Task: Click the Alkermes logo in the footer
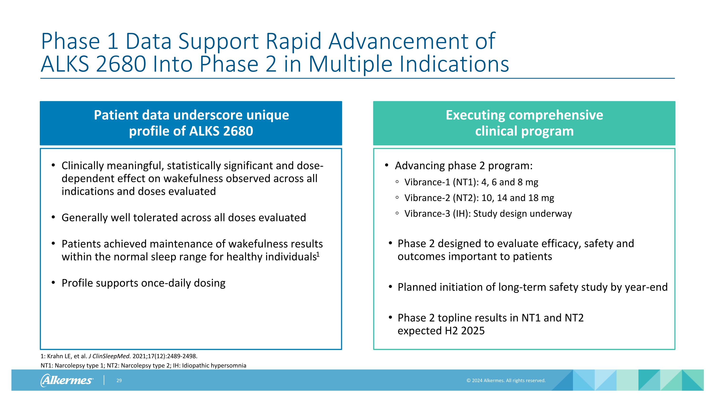tap(67, 380)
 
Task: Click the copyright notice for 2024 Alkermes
tap(506, 381)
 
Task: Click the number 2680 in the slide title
tap(121, 64)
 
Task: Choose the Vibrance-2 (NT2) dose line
tap(479, 198)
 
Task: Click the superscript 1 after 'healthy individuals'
tap(318, 254)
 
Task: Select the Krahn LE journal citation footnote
tap(119, 356)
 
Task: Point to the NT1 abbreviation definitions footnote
tap(143, 366)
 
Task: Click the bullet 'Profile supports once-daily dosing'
tap(143, 283)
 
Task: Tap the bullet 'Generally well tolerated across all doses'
tap(184, 218)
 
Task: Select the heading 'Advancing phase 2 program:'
tap(464, 166)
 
